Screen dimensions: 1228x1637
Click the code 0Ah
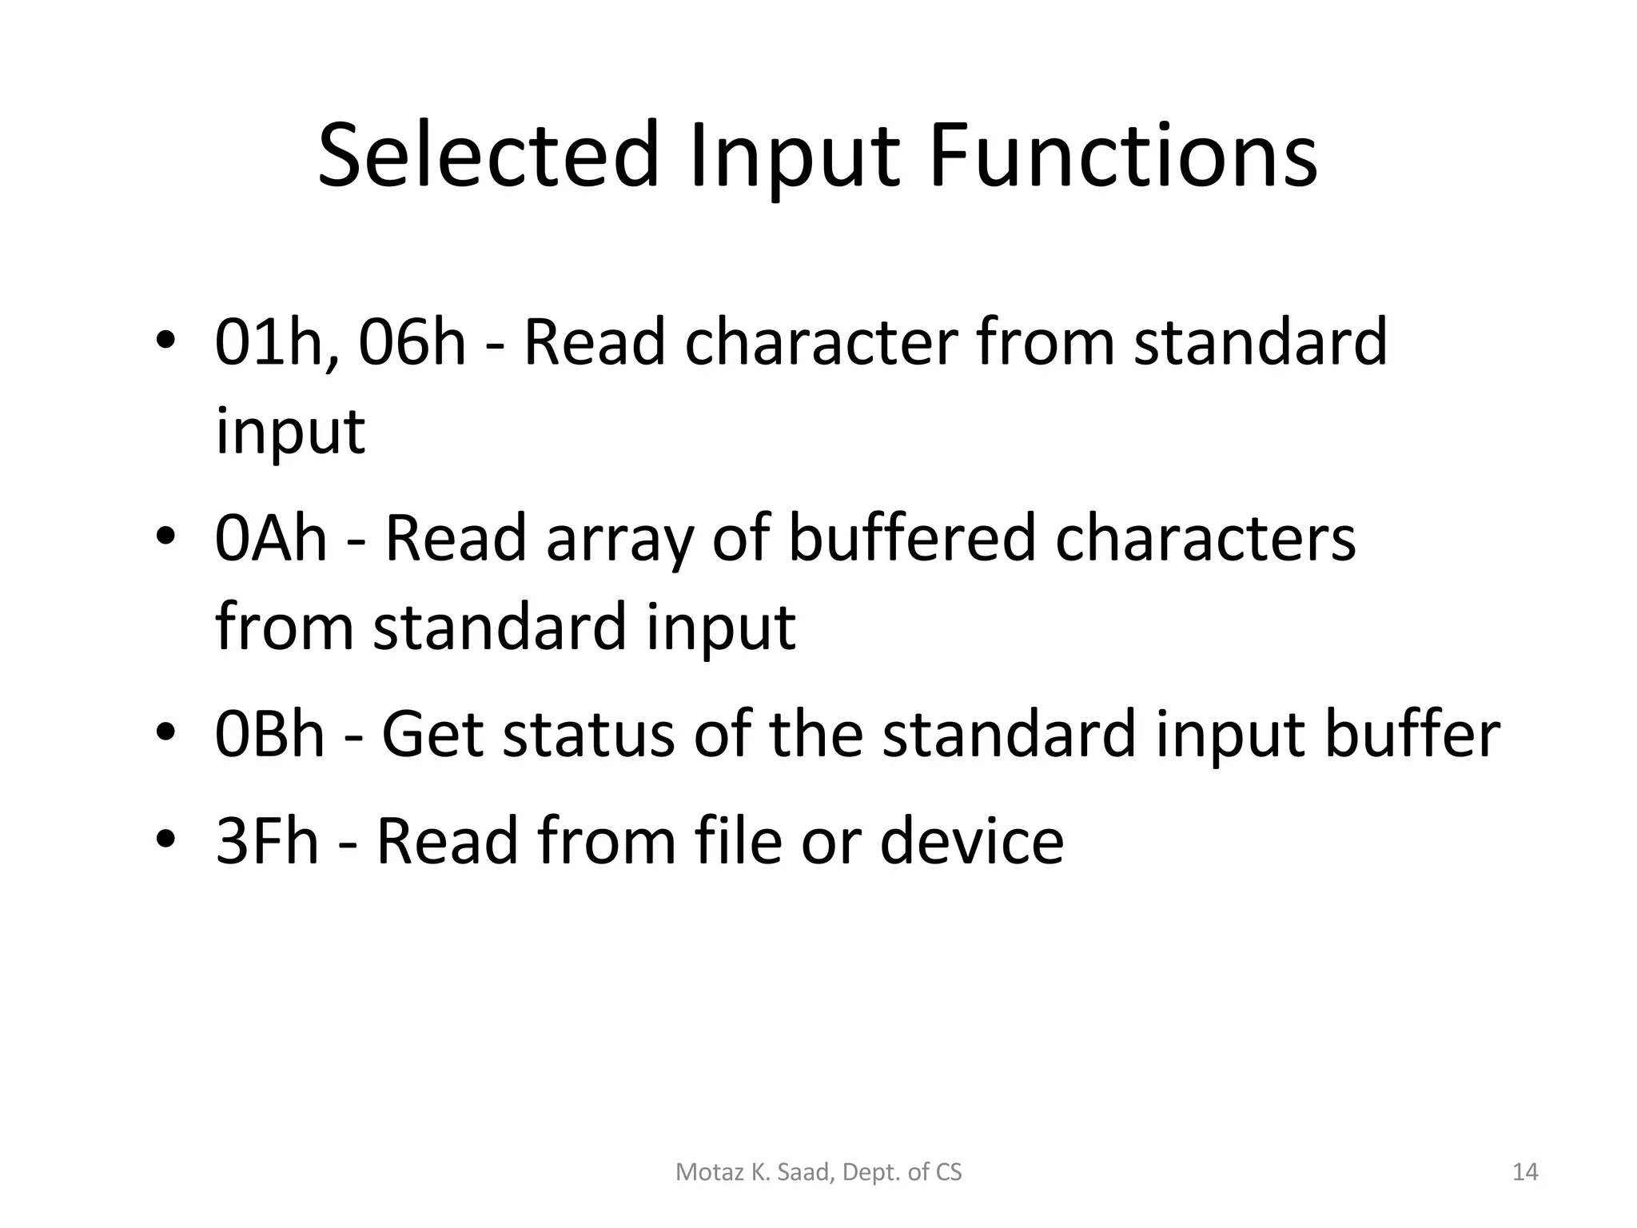pos(271,539)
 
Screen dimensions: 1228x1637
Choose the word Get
pos(432,735)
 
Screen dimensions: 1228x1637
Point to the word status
pos(587,735)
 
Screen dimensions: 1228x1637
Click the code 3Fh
pos(267,841)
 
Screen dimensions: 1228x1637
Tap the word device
pos(971,841)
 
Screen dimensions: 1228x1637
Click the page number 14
pos(1525,1173)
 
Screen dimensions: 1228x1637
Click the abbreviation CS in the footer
pos(948,1173)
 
